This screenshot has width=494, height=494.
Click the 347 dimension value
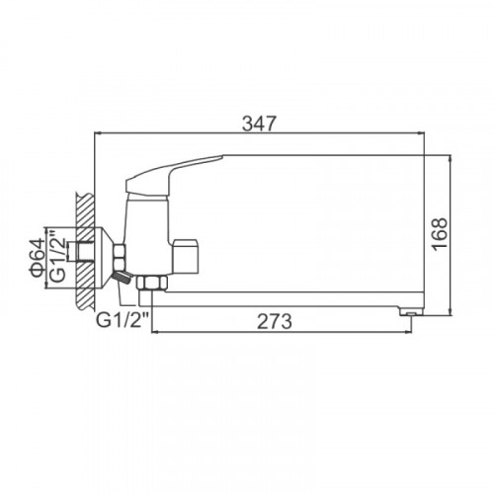tap(259, 124)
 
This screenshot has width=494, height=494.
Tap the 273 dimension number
tap(275, 321)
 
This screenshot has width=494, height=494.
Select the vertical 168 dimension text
tap(441, 234)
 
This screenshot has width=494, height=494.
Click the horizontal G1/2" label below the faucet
tap(123, 320)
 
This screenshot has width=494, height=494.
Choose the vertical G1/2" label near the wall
tap(58, 256)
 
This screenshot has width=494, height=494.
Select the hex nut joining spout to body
tap(152, 284)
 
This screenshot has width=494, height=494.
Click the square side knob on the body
tap(185, 257)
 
